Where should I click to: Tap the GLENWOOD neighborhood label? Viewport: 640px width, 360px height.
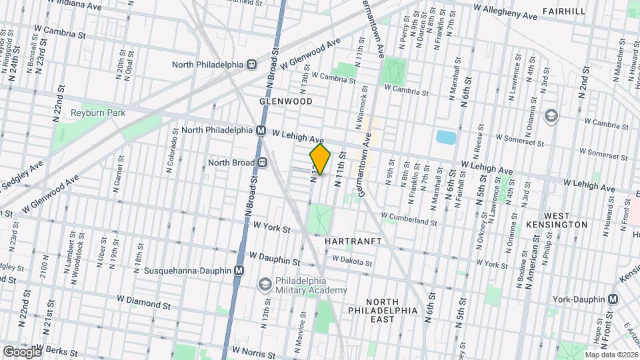286,101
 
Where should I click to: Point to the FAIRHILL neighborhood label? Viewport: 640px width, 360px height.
564,11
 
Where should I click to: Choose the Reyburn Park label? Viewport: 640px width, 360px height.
98,113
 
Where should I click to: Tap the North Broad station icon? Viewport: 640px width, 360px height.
263,162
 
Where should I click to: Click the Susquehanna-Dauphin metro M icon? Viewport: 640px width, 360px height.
239,271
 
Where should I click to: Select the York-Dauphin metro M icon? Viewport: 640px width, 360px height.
613,300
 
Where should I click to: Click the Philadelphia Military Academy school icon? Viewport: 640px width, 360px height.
265,285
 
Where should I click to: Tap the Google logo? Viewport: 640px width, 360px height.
21,351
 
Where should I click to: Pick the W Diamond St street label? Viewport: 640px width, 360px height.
143,302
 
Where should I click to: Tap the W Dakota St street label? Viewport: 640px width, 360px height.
351,260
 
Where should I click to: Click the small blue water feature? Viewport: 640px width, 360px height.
445,137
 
